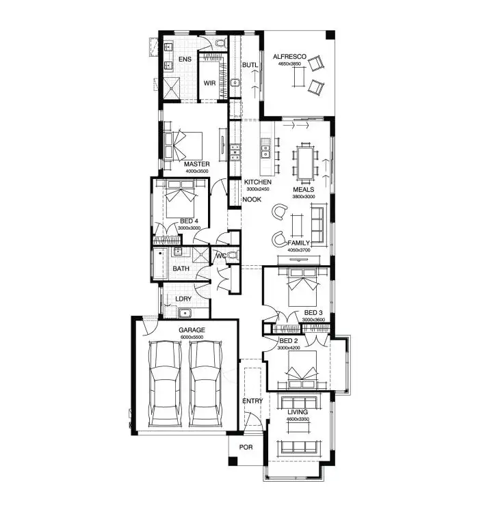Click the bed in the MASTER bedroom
pos(184,144)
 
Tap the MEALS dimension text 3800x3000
pos(304,197)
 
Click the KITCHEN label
pos(258,182)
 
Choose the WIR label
pos(210,83)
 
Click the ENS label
pos(185,60)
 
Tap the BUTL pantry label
pos(250,65)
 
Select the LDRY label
pos(183,299)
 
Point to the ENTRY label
pos(252,400)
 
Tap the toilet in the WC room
pos(233,256)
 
